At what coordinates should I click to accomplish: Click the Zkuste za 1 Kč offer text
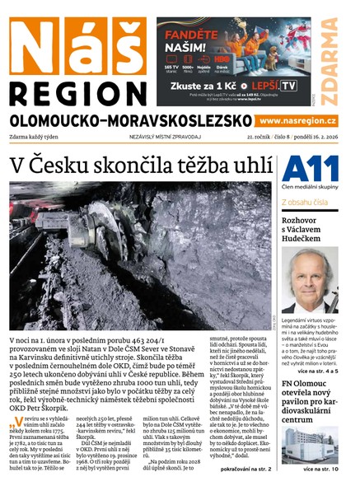click(203, 85)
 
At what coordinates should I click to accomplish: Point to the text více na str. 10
click(320, 470)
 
